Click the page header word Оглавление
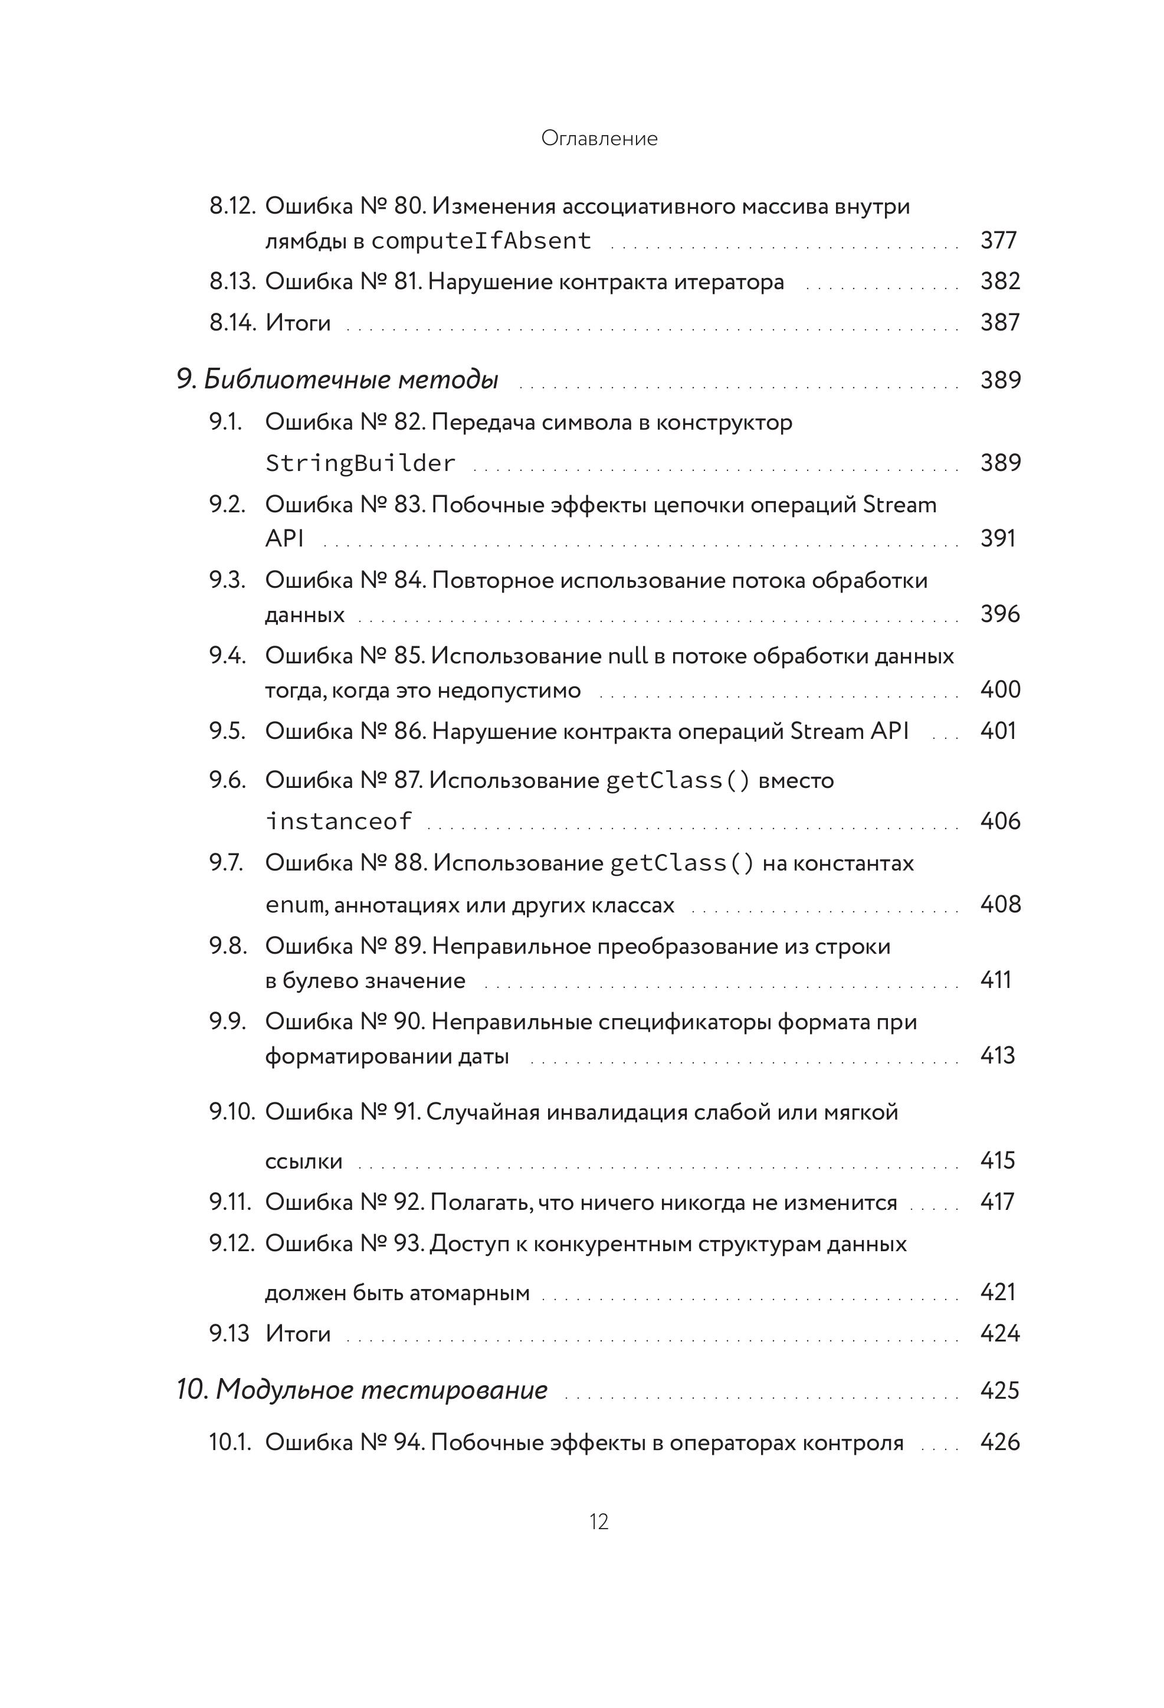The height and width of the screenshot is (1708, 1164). [x=599, y=138]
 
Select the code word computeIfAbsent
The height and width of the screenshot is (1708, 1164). [x=481, y=240]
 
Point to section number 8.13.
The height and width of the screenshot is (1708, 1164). [x=232, y=282]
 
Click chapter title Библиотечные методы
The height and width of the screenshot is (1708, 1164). [x=351, y=380]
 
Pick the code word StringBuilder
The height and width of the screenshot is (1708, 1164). [x=360, y=463]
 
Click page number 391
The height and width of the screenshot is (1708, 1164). [x=998, y=538]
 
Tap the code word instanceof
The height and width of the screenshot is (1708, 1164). [x=339, y=821]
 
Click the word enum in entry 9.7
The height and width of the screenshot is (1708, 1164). [x=293, y=905]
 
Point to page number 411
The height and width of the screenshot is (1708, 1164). [x=996, y=980]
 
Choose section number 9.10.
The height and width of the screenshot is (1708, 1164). [x=232, y=1112]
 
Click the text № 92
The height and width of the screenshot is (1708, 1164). [x=392, y=1202]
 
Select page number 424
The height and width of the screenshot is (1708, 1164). [x=999, y=1333]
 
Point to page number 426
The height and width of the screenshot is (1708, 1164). [x=999, y=1442]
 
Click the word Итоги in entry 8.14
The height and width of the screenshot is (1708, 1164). [x=297, y=323]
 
